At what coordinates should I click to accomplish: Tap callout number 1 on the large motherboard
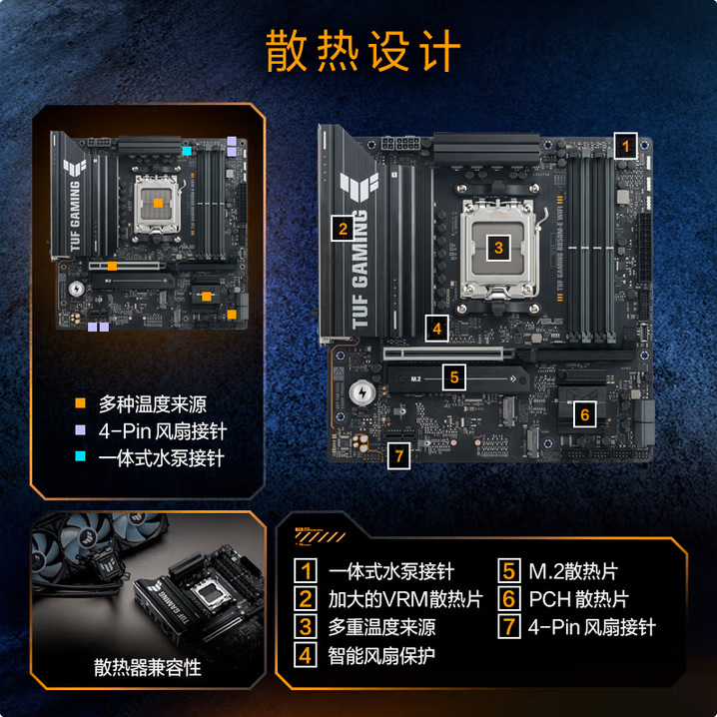625,145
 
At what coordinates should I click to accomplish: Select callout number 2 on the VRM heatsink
342,228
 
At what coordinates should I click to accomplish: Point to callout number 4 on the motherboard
436,327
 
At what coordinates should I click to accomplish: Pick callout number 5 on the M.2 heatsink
453,377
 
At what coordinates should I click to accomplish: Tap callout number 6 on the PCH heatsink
585,412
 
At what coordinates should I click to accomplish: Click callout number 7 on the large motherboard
399,455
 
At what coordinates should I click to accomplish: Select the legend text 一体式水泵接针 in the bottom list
390,572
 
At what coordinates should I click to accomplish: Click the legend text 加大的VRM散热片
404,600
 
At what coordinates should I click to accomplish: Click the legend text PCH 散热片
578,600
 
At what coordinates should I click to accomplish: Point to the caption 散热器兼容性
148,667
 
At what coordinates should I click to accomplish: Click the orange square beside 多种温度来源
81,404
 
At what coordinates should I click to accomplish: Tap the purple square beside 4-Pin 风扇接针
81,431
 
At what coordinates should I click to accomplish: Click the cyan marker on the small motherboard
187,151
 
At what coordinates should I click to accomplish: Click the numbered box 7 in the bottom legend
509,627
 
